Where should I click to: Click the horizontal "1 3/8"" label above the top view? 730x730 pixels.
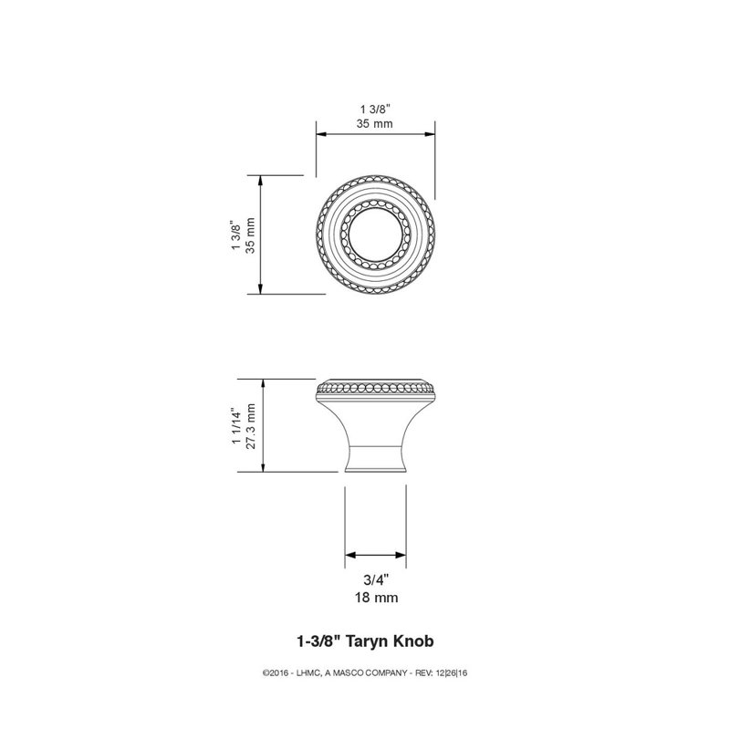[x=375, y=109]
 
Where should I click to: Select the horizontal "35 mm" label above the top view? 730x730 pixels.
[x=375, y=124]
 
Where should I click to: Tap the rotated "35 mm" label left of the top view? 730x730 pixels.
[x=250, y=235]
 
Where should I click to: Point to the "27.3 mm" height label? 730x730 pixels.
[x=251, y=426]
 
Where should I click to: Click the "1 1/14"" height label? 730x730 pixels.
[x=237, y=427]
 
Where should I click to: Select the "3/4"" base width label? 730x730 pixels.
[x=376, y=580]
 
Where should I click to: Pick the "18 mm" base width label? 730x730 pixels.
[x=377, y=598]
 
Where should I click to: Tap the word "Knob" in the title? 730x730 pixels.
[x=414, y=641]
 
